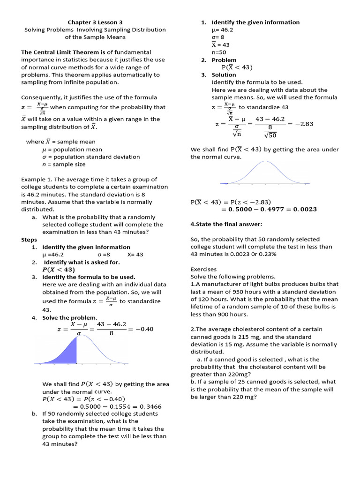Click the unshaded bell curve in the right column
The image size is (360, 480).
[265, 173]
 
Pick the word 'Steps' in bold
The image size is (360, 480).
[29, 240]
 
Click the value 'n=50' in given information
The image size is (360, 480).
[219, 52]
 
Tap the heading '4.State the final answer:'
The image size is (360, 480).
[226, 224]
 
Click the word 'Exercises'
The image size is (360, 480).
[203, 270]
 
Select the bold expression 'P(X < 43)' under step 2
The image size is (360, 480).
[59, 270]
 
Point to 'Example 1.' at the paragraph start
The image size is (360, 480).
[37, 179]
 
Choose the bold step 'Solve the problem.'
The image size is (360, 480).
[70, 317]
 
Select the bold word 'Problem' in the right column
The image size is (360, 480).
[224, 60]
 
